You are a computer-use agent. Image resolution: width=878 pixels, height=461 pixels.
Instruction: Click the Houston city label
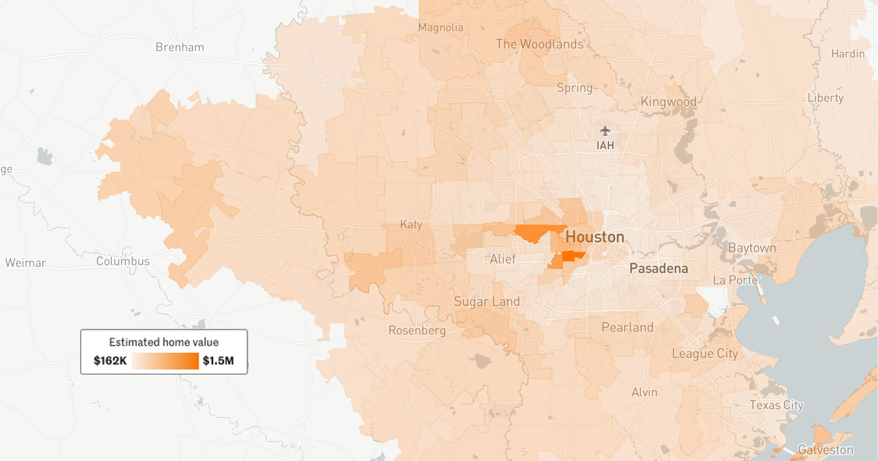595,237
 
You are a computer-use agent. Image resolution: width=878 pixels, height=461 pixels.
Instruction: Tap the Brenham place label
180,47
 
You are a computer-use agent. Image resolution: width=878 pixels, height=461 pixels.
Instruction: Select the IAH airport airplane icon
605,130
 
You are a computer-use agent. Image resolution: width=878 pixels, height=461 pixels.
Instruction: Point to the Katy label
411,224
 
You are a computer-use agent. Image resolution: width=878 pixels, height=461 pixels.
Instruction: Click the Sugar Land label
487,301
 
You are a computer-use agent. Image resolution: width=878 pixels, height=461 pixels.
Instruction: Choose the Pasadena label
658,269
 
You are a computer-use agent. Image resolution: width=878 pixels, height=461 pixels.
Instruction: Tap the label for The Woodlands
539,44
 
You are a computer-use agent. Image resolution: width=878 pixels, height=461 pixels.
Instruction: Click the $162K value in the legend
110,361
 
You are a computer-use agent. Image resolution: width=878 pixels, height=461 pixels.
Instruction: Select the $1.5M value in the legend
218,361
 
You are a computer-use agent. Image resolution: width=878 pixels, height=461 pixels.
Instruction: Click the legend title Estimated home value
164,342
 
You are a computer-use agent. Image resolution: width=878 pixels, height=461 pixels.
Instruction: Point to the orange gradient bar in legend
165,361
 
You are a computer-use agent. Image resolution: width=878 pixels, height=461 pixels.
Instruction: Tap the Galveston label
825,450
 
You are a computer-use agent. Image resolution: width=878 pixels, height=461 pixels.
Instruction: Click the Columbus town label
123,261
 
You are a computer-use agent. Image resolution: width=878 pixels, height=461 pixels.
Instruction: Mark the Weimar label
25,263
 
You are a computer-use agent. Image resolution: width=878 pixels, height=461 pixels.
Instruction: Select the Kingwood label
668,102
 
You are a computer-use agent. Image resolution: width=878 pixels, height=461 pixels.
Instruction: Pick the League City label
705,354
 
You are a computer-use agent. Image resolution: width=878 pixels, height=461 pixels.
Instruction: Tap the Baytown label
752,248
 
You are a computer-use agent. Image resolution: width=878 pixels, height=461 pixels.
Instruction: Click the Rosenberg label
417,331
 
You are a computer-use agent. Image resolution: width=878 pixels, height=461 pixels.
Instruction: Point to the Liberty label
825,98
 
